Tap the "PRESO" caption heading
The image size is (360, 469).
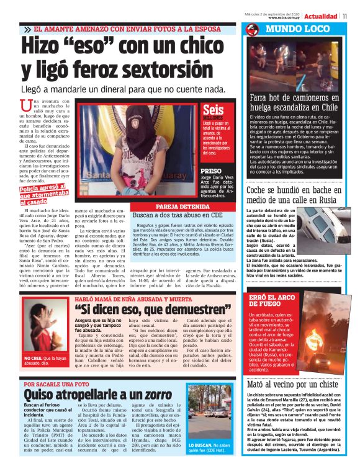click(x=211, y=170)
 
